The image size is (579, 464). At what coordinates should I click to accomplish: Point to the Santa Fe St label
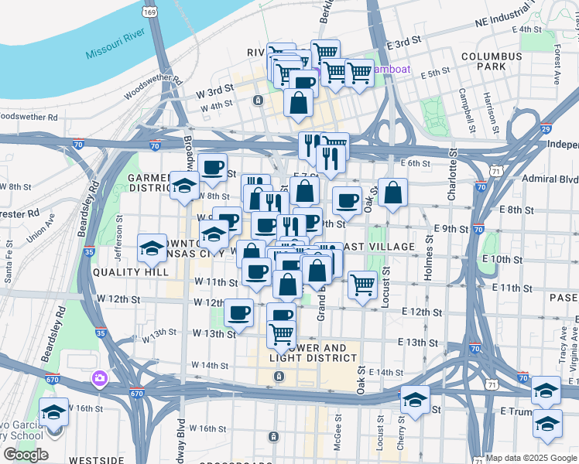(x=9, y=261)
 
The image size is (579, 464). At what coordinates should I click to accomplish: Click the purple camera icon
(x=100, y=378)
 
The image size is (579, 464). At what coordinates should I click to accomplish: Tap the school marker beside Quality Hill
(x=152, y=248)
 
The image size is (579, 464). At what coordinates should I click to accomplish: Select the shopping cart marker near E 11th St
(x=362, y=285)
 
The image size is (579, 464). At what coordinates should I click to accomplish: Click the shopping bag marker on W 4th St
(x=298, y=102)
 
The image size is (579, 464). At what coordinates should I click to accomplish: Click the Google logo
(x=26, y=455)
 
